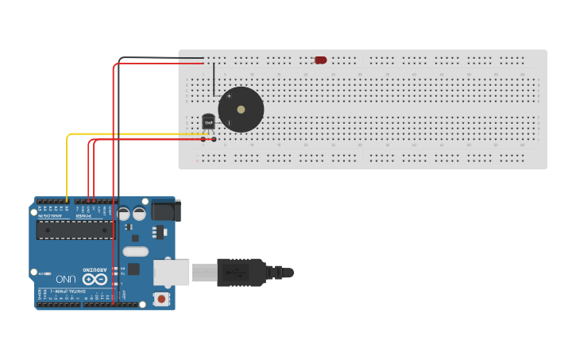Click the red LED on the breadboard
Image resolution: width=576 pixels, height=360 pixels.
(x=320, y=60)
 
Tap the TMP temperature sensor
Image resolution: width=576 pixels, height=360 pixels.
(x=208, y=122)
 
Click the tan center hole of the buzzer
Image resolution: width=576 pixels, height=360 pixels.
(x=241, y=110)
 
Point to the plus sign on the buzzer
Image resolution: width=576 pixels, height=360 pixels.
(x=230, y=96)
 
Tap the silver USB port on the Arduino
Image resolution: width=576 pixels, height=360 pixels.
(x=171, y=273)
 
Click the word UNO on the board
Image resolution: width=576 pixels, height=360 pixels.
(x=66, y=279)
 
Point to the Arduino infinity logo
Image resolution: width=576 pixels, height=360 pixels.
(x=95, y=279)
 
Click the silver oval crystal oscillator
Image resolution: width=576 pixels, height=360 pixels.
(x=136, y=252)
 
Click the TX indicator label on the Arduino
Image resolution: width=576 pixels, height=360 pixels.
(x=122, y=271)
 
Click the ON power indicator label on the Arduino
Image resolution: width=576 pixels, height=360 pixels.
(x=122, y=283)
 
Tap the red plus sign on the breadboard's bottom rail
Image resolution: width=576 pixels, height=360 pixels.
(x=197, y=161)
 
